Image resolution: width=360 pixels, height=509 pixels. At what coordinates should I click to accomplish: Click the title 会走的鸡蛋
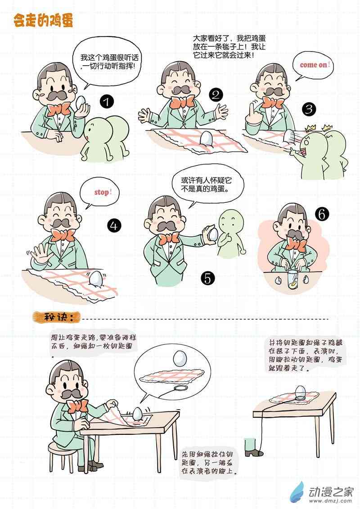point(44,20)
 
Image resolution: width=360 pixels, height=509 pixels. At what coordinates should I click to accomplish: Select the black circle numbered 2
point(216,95)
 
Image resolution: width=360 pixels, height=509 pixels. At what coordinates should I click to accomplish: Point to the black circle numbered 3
point(309,109)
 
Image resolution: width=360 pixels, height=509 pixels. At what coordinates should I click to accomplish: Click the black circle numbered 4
point(114,226)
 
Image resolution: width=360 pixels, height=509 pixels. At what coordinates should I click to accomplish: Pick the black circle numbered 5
point(207,278)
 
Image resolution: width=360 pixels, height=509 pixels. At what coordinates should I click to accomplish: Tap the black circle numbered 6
point(322,214)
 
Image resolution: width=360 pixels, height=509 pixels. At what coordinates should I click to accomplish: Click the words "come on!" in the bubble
point(315,65)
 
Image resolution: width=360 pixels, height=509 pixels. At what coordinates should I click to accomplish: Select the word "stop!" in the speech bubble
point(103,192)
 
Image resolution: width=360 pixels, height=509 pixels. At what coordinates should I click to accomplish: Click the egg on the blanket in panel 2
point(206,139)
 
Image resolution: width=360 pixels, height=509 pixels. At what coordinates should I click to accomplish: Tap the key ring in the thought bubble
point(181,388)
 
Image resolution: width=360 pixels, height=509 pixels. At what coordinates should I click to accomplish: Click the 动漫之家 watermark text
point(330,492)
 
